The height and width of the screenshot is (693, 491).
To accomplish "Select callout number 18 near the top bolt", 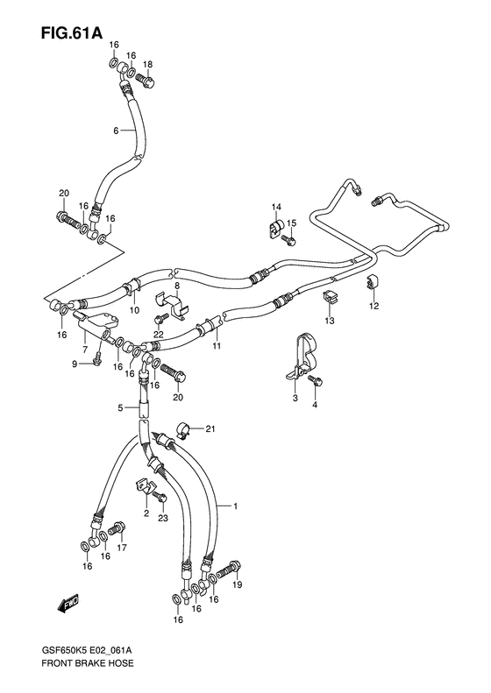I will click(x=147, y=65).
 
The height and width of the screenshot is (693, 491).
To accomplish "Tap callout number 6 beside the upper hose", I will click(x=115, y=131).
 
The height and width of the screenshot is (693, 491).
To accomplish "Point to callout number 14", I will click(x=274, y=207).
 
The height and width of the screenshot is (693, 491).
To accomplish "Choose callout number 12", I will click(x=374, y=306).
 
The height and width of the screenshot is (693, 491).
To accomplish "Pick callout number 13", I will click(x=331, y=322).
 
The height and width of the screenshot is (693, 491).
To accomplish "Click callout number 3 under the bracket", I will click(x=295, y=399).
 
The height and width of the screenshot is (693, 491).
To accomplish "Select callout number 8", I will click(x=176, y=286).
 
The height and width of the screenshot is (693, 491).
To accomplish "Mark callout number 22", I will click(x=159, y=335).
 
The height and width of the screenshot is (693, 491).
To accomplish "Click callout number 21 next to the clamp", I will click(x=210, y=428).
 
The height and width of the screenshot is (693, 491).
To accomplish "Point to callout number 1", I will click(x=235, y=506).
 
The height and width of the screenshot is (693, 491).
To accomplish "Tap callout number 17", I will click(x=122, y=548).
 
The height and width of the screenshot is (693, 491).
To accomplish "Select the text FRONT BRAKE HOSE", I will click(x=80, y=675).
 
